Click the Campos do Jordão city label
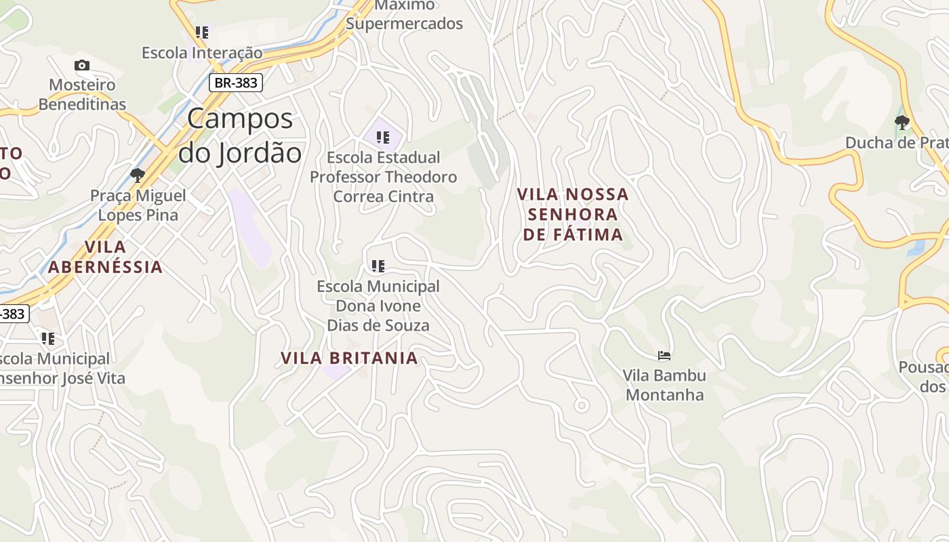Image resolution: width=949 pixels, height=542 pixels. [x=240, y=135]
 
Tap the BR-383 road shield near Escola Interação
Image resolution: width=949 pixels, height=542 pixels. [x=235, y=83]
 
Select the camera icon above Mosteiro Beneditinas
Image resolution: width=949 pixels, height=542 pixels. [x=82, y=65]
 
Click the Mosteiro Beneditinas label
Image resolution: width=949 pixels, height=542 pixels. [x=82, y=95]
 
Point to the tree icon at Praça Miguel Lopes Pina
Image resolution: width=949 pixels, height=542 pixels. [x=138, y=175]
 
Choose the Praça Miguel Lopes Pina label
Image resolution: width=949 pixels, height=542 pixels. [x=138, y=205]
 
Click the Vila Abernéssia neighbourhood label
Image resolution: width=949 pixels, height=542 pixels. [x=105, y=257]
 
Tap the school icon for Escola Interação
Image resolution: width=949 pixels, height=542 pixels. [x=201, y=32]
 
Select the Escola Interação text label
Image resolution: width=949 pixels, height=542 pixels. [x=201, y=52]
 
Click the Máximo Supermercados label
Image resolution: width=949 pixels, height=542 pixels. [x=404, y=14]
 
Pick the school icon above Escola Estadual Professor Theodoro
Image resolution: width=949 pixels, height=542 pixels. [x=382, y=138]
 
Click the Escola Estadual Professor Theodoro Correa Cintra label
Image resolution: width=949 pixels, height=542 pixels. [x=384, y=177]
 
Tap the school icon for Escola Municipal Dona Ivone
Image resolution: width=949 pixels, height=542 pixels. [x=378, y=266]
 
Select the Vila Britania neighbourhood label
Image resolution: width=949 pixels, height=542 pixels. [x=349, y=358]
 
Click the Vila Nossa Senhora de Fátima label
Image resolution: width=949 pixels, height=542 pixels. [x=573, y=214]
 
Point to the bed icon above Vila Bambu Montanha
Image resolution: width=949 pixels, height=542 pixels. [x=664, y=355]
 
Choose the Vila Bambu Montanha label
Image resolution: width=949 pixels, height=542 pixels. [x=664, y=385]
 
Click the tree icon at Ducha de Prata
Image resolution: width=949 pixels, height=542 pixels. [x=902, y=123]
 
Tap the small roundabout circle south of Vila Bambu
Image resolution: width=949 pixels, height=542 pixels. [x=581, y=405]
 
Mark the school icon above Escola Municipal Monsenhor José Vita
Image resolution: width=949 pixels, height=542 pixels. [x=47, y=338]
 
